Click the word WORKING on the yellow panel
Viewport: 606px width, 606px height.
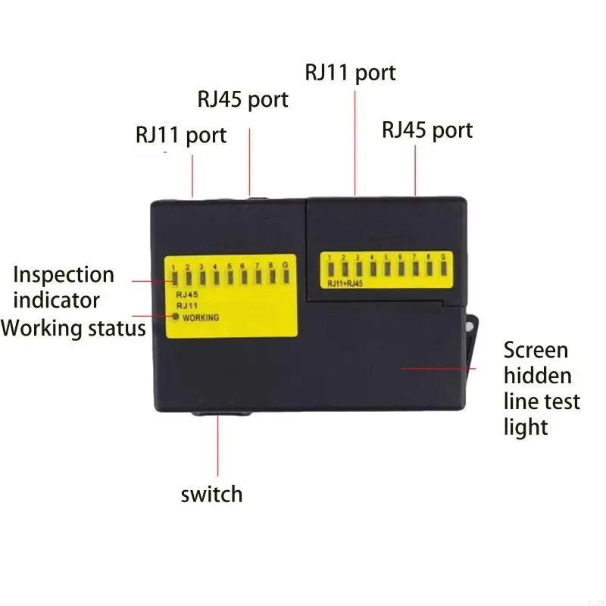coord(201,318)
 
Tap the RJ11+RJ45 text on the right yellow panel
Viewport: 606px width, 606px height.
coord(345,284)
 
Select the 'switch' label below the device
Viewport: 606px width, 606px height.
coord(211,495)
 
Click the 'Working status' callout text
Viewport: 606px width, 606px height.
coord(73,328)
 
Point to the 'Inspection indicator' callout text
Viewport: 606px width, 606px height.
coord(64,287)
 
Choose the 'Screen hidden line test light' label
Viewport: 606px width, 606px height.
coord(542,388)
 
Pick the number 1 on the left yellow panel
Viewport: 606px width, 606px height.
coord(174,267)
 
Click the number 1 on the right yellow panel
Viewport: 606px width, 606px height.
coord(330,258)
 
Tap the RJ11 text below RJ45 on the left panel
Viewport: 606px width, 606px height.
coord(186,305)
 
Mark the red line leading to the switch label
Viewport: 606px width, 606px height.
coord(219,447)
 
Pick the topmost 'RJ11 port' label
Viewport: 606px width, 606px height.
coord(350,73)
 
